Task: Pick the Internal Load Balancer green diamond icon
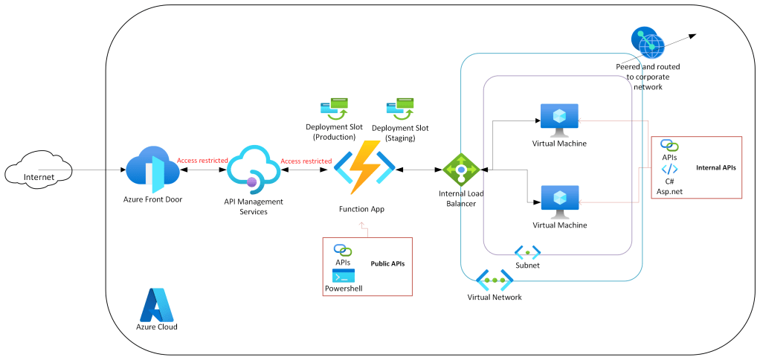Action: (461, 170)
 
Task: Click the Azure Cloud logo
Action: (156, 303)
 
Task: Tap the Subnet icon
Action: (527, 252)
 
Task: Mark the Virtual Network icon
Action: (495, 281)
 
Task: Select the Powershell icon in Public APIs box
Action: (344, 275)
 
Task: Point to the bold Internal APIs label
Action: (715, 168)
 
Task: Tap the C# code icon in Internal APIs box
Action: (669, 169)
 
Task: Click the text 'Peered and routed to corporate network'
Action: (648, 77)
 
